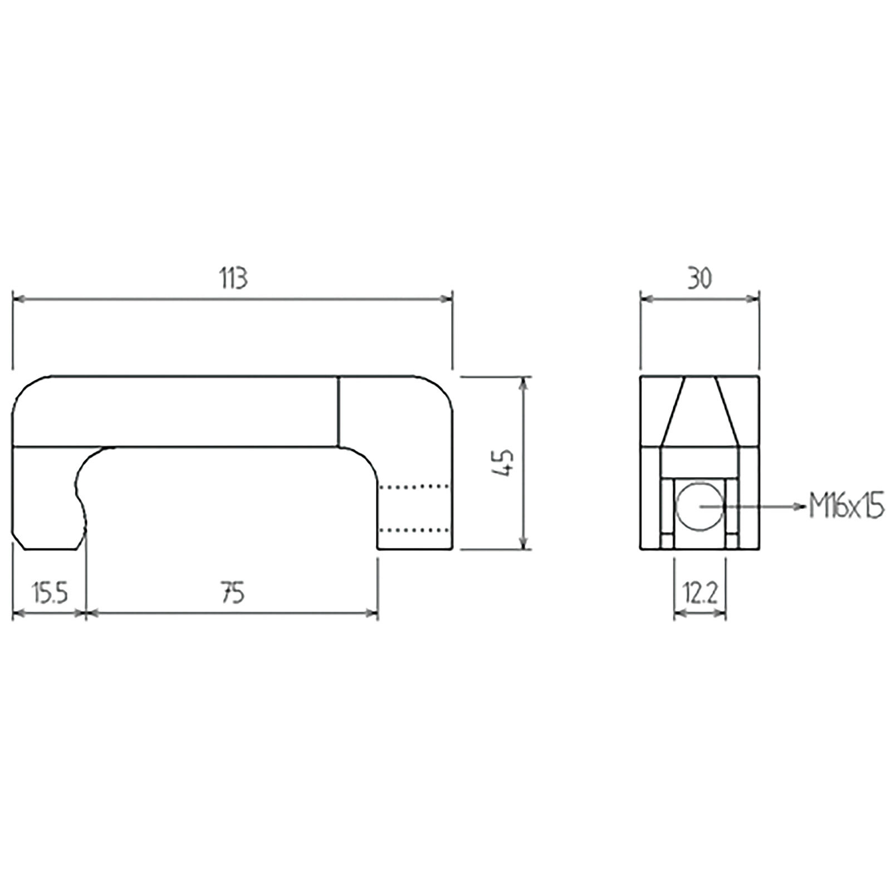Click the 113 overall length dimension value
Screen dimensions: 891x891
(x=233, y=278)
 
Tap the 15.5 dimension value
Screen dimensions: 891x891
(x=49, y=594)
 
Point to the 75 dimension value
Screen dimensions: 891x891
(x=233, y=594)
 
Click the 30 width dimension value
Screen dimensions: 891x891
(x=699, y=278)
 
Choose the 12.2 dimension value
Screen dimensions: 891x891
(x=700, y=594)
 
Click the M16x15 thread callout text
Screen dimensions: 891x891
(x=846, y=507)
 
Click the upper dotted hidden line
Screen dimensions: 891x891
(x=414, y=486)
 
